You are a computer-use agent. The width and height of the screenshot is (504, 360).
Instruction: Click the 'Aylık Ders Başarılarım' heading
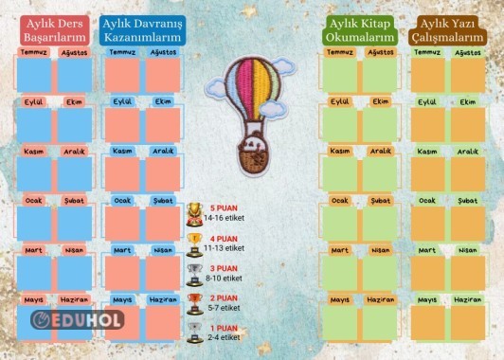pos(54,29)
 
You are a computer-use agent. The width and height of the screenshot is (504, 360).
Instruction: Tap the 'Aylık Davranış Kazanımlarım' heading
pos(142,29)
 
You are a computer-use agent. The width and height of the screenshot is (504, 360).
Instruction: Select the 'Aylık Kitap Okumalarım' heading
pos(360,29)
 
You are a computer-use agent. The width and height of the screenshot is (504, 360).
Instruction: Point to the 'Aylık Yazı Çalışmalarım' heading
pos(447,29)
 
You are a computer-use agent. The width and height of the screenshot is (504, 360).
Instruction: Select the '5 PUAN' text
pos(225,207)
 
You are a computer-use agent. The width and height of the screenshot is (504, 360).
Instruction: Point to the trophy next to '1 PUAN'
pos(193,332)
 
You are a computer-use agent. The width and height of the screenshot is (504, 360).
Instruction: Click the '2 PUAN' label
pos(225,298)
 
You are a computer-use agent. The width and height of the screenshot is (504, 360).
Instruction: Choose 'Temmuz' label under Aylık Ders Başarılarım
pos(34,53)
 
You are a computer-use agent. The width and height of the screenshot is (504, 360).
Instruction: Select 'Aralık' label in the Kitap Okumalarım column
pos(381,152)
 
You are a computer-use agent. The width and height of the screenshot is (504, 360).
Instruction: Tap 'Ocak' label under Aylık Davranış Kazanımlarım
pos(122,201)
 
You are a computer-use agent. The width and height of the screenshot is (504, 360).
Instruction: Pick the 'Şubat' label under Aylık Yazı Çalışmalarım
pos(468,201)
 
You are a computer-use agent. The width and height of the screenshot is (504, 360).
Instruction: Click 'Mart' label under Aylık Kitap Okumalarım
pos(339,250)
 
